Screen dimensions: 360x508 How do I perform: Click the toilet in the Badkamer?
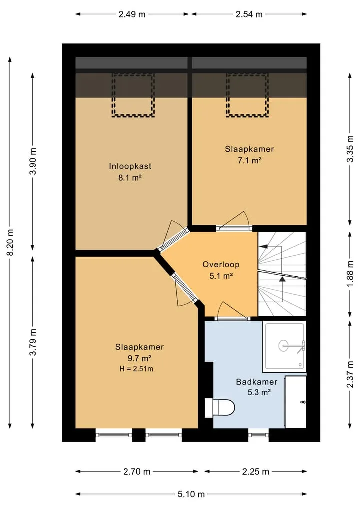tap(220, 407)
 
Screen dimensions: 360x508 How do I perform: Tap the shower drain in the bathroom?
tap(284, 345)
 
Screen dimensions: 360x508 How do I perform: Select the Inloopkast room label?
tap(130, 166)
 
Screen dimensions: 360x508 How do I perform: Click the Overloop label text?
tap(221, 264)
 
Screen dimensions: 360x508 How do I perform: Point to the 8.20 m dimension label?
tap(10, 242)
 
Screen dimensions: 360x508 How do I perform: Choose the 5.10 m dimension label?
tap(191, 494)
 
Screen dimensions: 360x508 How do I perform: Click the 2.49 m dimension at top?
tap(132, 14)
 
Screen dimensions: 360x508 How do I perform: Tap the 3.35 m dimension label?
tap(350, 149)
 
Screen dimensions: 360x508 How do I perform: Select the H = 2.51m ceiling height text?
tap(136, 369)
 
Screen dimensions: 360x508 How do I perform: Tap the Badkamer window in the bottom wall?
tap(259, 435)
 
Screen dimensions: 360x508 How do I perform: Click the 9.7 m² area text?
tap(140, 358)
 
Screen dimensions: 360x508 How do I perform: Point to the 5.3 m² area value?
tap(259, 392)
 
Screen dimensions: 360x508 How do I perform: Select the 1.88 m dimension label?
tap(350, 274)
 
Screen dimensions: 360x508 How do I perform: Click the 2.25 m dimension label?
tap(256, 472)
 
